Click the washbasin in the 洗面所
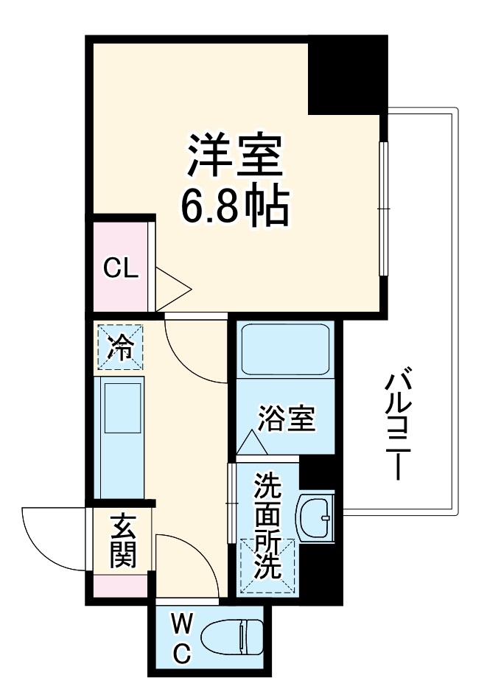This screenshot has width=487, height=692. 315,517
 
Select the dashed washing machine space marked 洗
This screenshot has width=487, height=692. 267,565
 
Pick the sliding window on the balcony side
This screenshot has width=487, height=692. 382,209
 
